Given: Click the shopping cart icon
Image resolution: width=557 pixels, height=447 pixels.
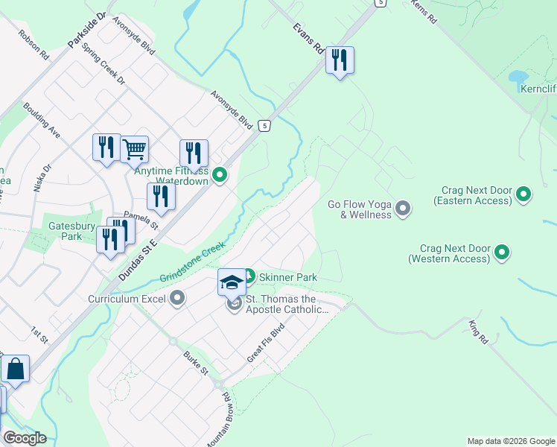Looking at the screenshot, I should point(134,149).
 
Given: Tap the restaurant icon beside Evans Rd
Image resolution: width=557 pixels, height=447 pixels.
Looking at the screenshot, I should point(340,60).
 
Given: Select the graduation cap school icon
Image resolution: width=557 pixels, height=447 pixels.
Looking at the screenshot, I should point(232,282).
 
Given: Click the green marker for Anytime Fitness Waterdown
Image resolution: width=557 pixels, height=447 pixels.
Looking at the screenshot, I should point(220,176).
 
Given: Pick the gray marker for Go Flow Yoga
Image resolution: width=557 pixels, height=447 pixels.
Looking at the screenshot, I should point(403,208).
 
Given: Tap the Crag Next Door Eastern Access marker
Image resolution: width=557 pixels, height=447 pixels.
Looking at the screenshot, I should point(523,195).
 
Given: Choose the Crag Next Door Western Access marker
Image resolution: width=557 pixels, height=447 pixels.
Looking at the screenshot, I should point(502,253).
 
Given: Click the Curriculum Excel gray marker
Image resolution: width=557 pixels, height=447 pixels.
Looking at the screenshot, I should point(177,299).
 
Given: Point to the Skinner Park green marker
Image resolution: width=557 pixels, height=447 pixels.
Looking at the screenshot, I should point(249,276).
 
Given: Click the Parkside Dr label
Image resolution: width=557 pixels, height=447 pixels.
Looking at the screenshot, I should point(87,31).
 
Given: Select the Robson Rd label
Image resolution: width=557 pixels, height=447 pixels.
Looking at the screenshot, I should point(34,45).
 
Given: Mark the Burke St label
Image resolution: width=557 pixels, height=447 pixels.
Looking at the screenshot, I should point(197,363).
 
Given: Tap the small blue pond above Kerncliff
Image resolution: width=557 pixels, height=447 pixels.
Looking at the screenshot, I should point(516,77).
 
